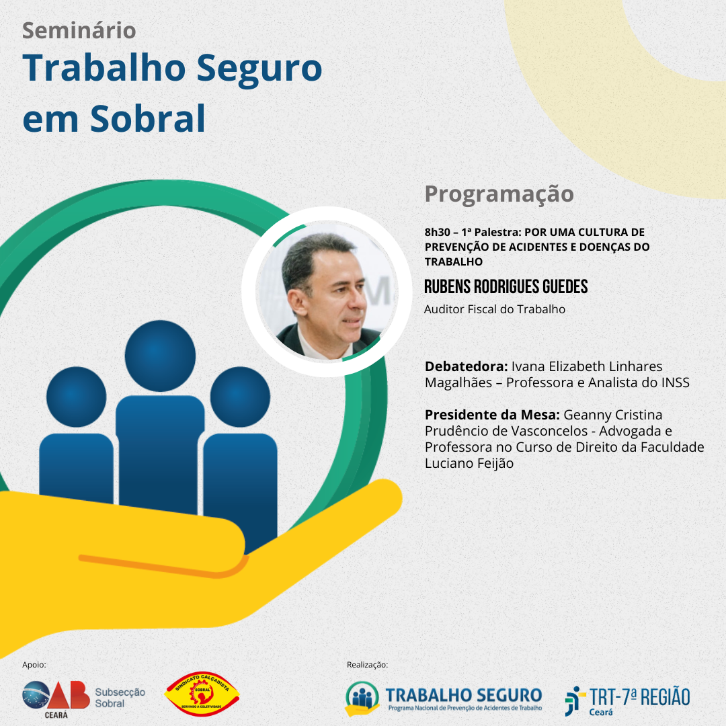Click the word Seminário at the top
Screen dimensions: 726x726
pos(79,30)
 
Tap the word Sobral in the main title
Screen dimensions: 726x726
pos(148,118)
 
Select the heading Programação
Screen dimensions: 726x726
pos(499,194)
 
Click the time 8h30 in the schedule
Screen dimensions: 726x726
pos(437,232)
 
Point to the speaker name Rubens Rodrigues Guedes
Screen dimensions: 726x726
pos(506,286)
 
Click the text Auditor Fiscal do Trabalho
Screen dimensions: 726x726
pos(495,309)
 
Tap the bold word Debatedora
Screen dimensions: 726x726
pos(467,366)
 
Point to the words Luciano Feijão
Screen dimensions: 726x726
pos(469,463)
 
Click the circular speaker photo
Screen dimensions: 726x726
pos(327,292)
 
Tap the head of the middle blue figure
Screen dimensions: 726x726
pos(160,356)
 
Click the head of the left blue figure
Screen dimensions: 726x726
pos(77,397)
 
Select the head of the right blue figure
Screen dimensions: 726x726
pos(240,397)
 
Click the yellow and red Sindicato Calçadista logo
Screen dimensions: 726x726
pos(202,694)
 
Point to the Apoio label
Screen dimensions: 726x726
pos(34,665)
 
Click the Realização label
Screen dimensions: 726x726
pos(367,665)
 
